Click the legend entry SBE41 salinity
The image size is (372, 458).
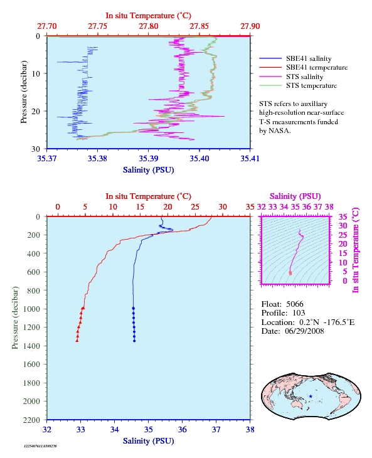[x=309, y=59]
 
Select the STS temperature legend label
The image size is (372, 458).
[x=311, y=85]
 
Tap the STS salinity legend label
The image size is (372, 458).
[x=304, y=77]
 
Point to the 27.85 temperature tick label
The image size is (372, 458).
[x=199, y=26]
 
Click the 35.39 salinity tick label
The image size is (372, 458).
[x=148, y=158]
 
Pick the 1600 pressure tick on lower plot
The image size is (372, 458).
[x=31, y=365]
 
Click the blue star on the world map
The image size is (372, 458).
[x=311, y=397]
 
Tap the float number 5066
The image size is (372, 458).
[x=295, y=304]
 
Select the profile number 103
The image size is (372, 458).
[x=299, y=313]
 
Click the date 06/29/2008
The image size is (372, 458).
[x=304, y=331]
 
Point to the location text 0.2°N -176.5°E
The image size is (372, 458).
[x=327, y=322]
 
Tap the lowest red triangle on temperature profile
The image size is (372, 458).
[x=77, y=340]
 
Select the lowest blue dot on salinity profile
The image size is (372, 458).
[x=134, y=341]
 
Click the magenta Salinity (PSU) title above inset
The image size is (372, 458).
[x=295, y=196]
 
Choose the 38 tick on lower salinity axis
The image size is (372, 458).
[x=250, y=429]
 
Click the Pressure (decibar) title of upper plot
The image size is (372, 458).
[x=24, y=92]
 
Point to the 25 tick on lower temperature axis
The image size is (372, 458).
[x=195, y=207]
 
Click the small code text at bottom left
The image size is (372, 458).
[x=40, y=446]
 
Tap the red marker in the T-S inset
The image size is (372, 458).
[x=290, y=273]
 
